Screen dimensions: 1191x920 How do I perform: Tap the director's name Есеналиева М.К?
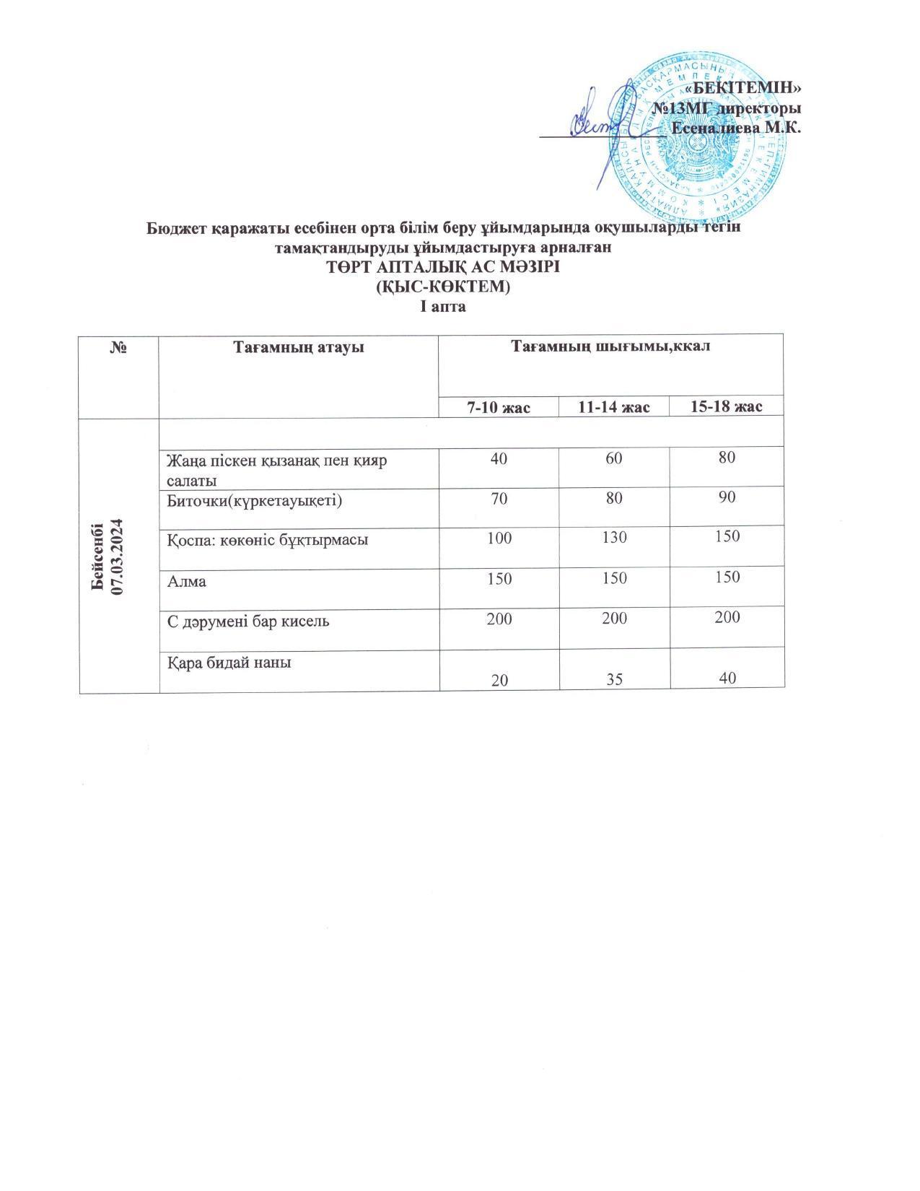[x=736, y=128]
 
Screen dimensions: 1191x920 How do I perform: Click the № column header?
[x=119, y=347]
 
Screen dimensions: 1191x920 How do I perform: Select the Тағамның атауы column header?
[x=298, y=347]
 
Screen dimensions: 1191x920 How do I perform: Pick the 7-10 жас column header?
[x=499, y=407]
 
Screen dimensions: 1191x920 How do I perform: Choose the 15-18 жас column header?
[x=726, y=407]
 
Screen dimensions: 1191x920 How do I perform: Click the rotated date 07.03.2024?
[x=120, y=556]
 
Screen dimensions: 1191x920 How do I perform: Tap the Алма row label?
[x=186, y=581]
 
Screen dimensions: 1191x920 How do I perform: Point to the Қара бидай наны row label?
[x=229, y=661]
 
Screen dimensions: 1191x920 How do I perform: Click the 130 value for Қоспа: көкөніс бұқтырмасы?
[x=613, y=538]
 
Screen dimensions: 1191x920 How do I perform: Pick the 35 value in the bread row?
[x=613, y=679]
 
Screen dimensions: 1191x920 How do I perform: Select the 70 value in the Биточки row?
[x=499, y=498]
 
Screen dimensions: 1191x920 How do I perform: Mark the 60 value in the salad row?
[x=613, y=458]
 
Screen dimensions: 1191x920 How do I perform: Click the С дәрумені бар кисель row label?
[x=248, y=620]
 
